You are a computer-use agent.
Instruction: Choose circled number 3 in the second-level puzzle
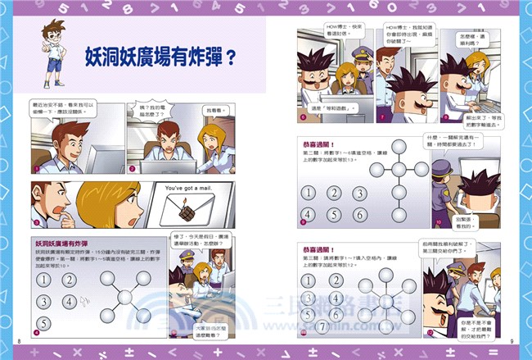pos(354,194)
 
